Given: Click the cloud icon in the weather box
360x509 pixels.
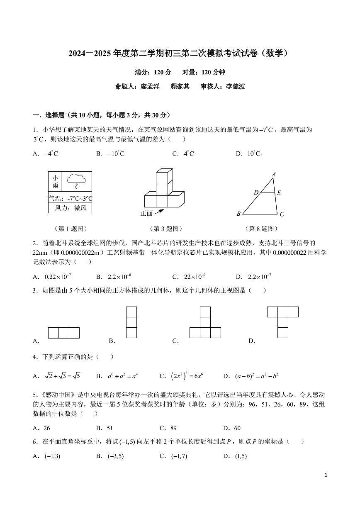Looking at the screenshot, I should pos(76,179).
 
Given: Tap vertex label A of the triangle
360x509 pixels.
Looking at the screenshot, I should pos(274,175).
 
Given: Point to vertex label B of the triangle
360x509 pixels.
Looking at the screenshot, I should pos(238,214).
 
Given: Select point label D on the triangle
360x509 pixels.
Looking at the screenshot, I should pos(256,192).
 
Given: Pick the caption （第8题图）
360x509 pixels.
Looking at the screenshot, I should pos(261,229).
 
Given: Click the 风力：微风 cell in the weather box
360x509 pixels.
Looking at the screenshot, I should pos(70,208).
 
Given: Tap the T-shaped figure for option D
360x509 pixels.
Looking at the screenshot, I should pos(282,322).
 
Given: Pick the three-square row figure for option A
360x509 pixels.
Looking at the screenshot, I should pos(64,333).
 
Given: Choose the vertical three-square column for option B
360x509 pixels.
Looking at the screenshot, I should pos(131,322).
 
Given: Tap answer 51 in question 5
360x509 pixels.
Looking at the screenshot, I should pos(109,428).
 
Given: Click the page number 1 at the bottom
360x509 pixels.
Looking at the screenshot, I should pos(326,475).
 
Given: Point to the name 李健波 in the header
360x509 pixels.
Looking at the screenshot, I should pos(236,87).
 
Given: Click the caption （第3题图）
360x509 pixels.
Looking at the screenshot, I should pos(165,229).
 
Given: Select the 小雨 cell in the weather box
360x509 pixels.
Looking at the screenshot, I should pos(55,182).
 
